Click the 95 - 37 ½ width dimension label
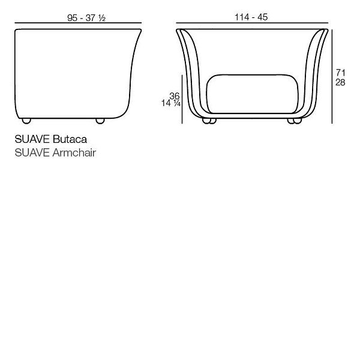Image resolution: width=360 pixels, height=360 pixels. click(86, 18)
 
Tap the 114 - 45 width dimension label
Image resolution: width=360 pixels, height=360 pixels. click(251, 17)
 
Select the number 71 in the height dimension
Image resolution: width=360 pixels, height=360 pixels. click(340, 73)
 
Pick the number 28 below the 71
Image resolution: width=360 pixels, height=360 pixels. click(340, 82)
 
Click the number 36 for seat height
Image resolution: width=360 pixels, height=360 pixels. click(175, 96)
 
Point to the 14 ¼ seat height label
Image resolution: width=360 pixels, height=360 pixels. click(171, 103)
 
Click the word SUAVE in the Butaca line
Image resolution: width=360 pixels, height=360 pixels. click(32, 139)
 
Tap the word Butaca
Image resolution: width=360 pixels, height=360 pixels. click(70, 139)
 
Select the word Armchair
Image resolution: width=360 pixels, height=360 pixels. click(74, 152)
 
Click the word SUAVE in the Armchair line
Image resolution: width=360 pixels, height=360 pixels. click(32, 152)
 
